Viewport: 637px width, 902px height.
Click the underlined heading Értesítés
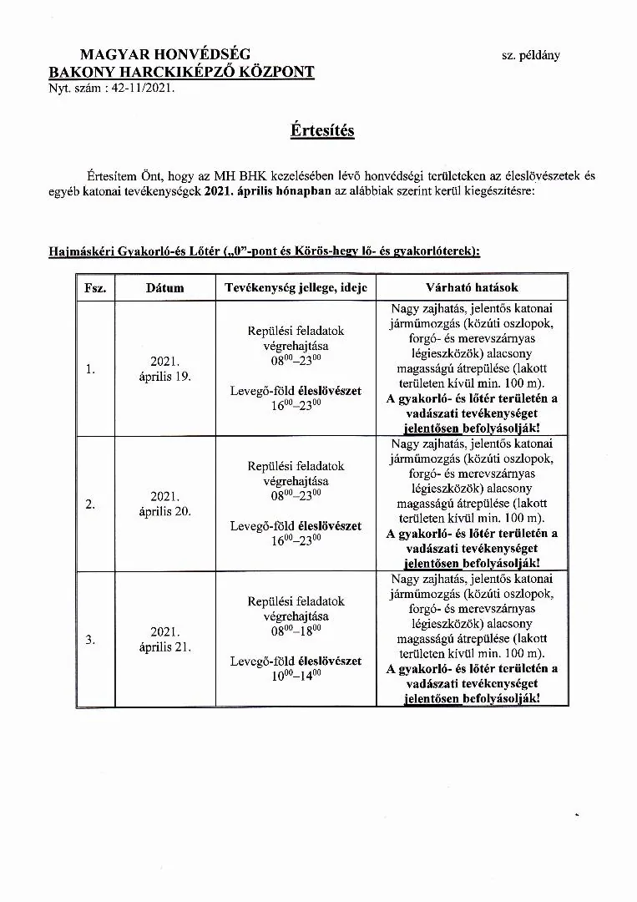click(x=322, y=131)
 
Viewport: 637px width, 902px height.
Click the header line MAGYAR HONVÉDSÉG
click(x=164, y=55)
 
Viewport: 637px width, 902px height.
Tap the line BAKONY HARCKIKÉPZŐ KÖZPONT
click(x=181, y=72)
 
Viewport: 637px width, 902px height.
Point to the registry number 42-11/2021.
click(x=144, y=87)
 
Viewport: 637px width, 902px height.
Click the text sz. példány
click(x=531, y=56)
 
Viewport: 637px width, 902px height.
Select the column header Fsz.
click(x=94, y=287)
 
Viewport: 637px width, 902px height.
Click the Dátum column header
click(x=164, y=287)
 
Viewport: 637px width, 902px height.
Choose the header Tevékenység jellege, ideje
click(x=296, y=287)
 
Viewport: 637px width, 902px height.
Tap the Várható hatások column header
click(x=472, y=287)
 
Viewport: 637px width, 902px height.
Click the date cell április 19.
click(x=164, y=377)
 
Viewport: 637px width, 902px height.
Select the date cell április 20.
click(x=164, y=512)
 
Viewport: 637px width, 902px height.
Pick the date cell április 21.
click(x=164, y=647)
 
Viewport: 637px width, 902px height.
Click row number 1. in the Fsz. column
click(x=90, y=369)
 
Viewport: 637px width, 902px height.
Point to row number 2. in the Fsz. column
click(x=90, y=504)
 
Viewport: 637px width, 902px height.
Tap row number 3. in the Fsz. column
click(x=90, y=640)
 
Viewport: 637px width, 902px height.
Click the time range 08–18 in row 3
click(x=296, y=631)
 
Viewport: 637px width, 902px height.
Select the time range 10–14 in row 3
click(x=296, y=676)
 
